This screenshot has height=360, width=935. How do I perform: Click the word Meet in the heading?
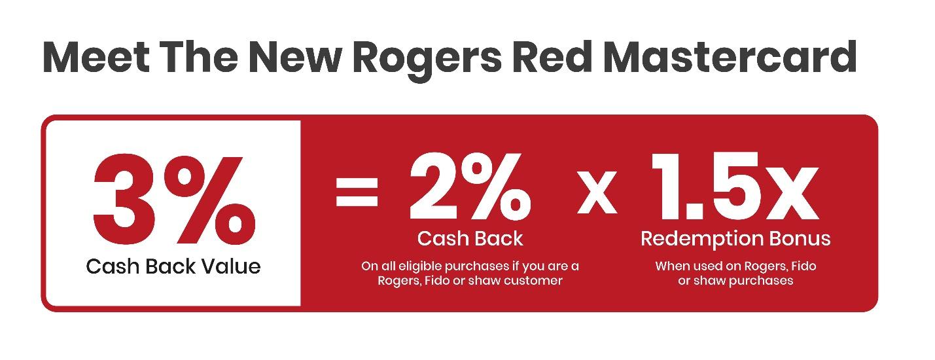(x=96, y=57)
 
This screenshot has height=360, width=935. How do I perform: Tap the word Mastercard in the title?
(x=730, y=57)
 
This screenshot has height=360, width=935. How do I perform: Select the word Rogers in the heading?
(x=427, y=62)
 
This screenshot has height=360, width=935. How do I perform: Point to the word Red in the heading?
(x=552, y=57)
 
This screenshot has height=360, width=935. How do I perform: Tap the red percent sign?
(x=209, y=200)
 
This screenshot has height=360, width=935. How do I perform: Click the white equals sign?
(x=357, y=191)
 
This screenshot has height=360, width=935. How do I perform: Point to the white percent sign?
(x=497, y=186)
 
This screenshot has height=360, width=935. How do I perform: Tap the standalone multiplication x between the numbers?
(x=597, y=192)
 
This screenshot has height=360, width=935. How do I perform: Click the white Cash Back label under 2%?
(x=470, y=239)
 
